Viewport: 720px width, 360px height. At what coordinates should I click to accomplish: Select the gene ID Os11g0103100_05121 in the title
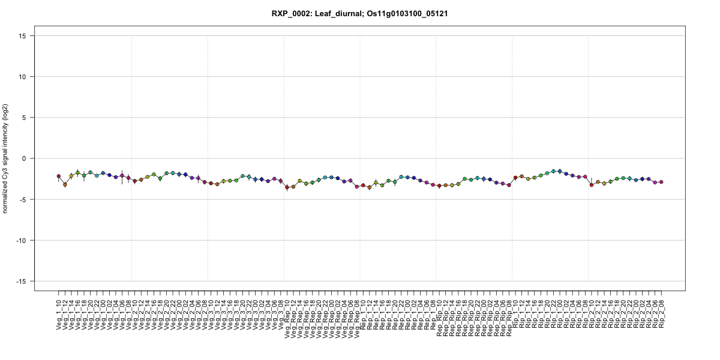click(x=405, y=13)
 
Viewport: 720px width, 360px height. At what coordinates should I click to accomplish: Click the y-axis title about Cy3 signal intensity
click(x=5, y=158)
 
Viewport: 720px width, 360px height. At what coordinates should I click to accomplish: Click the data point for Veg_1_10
click(x=59, y=176)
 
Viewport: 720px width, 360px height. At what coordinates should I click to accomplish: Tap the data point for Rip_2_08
click(x=662, y=182)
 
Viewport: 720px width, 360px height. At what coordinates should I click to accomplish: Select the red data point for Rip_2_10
click(x=592, y=185)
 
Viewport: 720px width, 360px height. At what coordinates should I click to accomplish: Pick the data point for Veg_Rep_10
click(x=287, y=187)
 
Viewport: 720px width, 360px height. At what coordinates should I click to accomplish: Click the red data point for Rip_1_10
click(x=515, y=178)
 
